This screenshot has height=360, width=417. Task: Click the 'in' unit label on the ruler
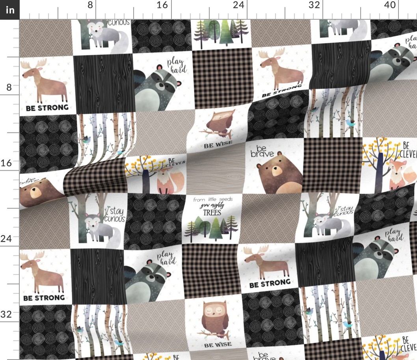9,9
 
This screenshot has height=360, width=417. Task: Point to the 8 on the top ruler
90,5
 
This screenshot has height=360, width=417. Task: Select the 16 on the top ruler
162,5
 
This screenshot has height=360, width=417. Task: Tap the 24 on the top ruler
238,5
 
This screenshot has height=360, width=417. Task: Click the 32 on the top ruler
314,5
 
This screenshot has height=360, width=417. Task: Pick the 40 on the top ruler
389,5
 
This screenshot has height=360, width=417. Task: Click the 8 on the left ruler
9,87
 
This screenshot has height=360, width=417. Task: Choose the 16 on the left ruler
7,163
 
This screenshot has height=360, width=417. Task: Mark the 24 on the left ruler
7,238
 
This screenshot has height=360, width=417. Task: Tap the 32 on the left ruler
7,314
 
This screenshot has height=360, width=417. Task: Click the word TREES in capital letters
212,212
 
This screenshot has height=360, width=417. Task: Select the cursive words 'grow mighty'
212,206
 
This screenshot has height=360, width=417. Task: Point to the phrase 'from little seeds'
212,200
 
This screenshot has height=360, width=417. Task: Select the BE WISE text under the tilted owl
218,144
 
